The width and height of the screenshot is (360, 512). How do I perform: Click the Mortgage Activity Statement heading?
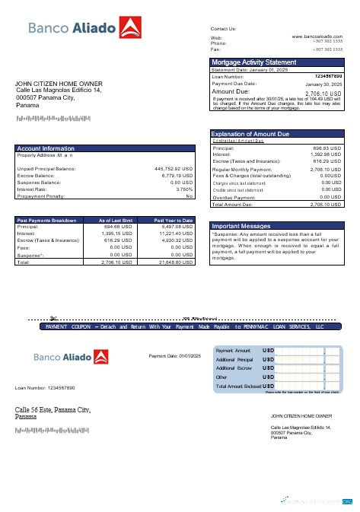pyautogui.click(x=254, y=62)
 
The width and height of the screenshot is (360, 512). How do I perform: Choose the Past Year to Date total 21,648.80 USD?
pyautogui.click(x=175, y=262)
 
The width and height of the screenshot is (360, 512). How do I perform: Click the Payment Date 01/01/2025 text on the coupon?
pyautogui.click(x=175, y=356)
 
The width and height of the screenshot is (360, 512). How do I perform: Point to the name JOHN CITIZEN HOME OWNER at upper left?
pyautogui.click(x=59, y=84)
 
